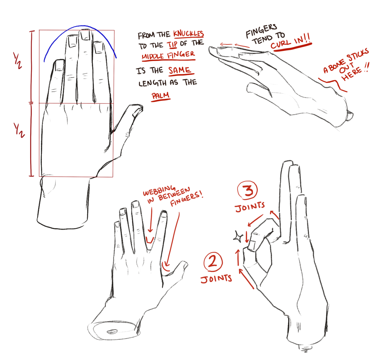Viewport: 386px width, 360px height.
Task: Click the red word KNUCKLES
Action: pos(188,34)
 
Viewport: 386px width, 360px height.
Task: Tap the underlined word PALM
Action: pos(160,96)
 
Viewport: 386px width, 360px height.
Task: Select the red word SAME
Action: pos(179,70)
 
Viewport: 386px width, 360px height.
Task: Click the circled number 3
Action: pos(247,190)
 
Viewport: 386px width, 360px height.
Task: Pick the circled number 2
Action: pos(213,261)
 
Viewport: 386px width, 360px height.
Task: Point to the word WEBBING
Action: pos(159,191)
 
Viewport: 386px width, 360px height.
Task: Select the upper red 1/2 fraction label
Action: pos(17,61)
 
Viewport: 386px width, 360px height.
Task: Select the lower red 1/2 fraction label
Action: pos(19,130)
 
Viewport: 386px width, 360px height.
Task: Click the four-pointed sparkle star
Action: pos(238,237)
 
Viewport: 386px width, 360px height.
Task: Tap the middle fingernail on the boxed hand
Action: pos(85,35)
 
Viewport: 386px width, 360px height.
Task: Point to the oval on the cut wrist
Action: pos(112,331)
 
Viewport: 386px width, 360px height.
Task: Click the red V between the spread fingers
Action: pos(150,241)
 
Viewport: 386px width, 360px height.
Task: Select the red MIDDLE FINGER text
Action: pos(168,55)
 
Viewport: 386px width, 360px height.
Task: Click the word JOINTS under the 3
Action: pos(250,207)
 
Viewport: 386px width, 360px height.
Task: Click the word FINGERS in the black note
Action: pos(261,31)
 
